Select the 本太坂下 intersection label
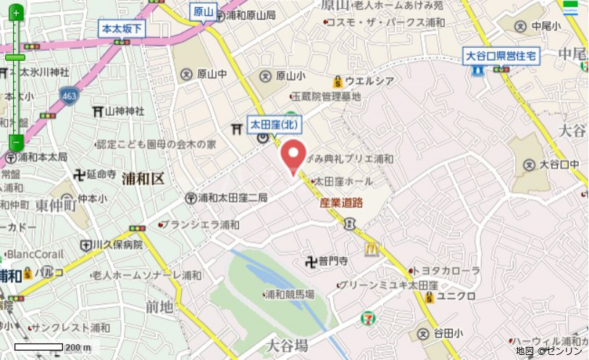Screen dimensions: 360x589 (x=122, y=29)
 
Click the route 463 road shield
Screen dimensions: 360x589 (x=70, y=96)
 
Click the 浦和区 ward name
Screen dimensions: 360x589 (x=143, y=178)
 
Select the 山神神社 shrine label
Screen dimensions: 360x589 (x=124, y=111)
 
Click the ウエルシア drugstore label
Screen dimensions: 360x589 (x=369, y=80)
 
